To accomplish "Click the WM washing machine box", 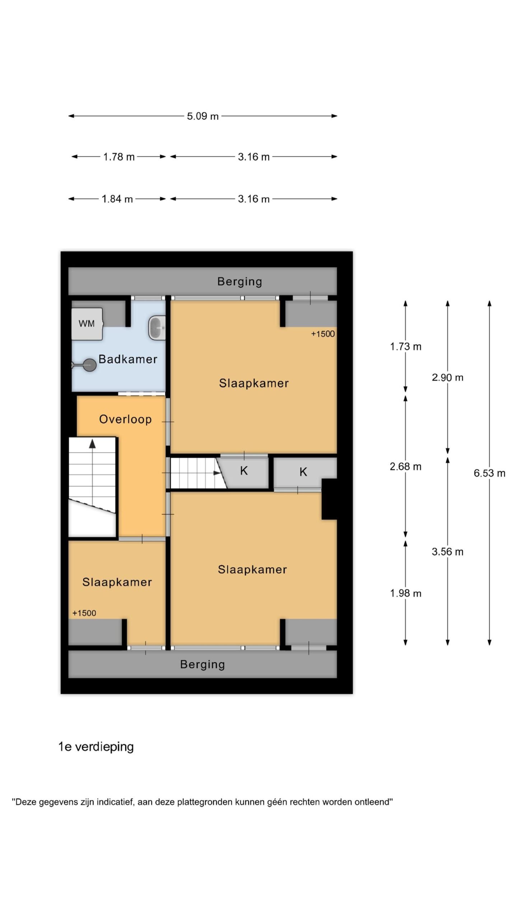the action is coord(87,324).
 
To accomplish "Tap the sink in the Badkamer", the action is coord(157,327).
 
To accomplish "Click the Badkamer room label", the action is coord(128,359).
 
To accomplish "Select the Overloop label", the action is coord(125,419).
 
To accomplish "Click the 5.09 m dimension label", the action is coord(202,116).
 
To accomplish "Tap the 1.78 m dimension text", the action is coord(119,157).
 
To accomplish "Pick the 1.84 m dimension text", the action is coord(117,199).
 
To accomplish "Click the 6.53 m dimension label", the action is coord(489,473).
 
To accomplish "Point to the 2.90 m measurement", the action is coord(447,377).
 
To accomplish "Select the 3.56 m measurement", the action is coord(447,552).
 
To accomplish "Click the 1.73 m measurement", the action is coord(406,346).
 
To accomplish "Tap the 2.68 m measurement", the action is coord(406,466).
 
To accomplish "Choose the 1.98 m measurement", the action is coord(406,593).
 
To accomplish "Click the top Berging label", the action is coord(239,282).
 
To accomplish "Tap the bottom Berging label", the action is coord(202,664).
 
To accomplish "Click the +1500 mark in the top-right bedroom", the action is coord(323,334).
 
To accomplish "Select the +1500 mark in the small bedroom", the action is coord(84,613).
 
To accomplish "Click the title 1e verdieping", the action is coord(96,747).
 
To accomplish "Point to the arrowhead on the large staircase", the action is coord(93,444).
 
